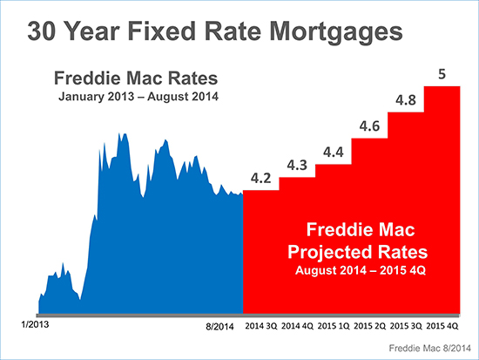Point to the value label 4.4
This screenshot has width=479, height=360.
333,153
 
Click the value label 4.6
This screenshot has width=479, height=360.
369,128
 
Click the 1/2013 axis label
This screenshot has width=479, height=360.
34,323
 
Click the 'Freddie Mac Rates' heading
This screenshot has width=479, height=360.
135,76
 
